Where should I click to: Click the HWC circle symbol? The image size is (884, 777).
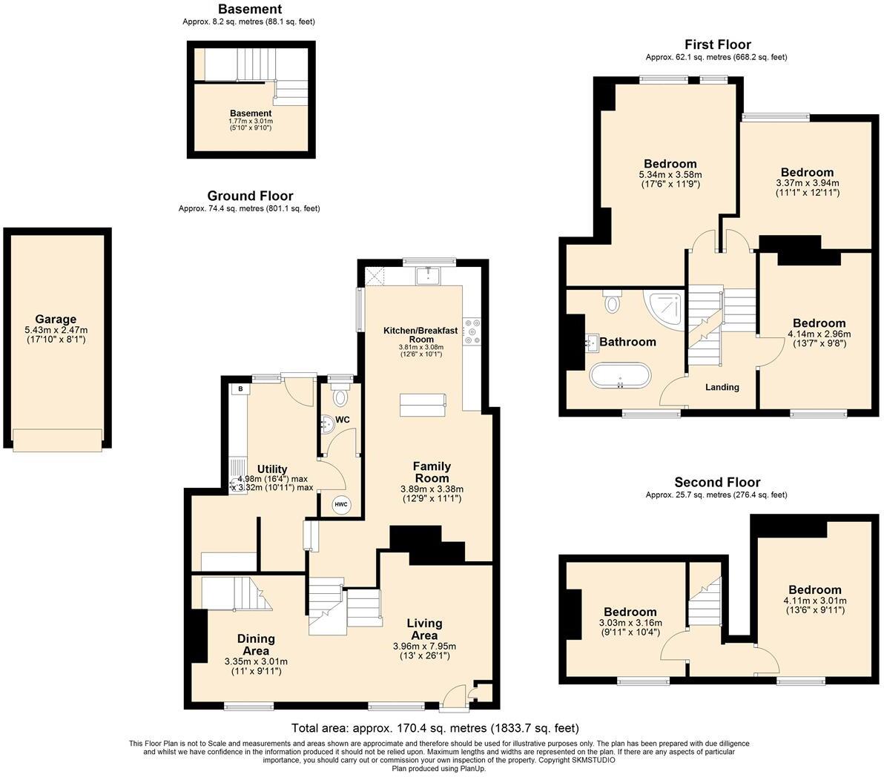[x=341, y=505]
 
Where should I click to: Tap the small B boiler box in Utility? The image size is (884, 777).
[x=240, y=389]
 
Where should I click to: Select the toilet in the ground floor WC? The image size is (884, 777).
[x=340, y=397]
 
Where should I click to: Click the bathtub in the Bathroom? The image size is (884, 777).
[x=621, y=377]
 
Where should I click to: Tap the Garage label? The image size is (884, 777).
[x=56, y=320]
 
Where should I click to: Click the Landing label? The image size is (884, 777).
[x=722, y=387]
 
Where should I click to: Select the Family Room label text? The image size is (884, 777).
[x=432, y=472]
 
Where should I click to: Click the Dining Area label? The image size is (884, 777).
[x=256, y=644]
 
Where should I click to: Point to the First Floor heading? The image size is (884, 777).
[x=717, y=45]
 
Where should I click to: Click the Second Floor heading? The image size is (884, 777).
[x=716, y=483]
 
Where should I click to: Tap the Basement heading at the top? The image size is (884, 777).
[x=249, y=10]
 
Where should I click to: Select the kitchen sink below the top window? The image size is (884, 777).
[x=428, y=276]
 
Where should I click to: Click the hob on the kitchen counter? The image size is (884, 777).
[x=471, y=331]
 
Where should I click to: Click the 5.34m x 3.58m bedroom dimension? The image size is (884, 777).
[x=669, y=175]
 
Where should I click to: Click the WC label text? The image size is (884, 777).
[x=343, y=420]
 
